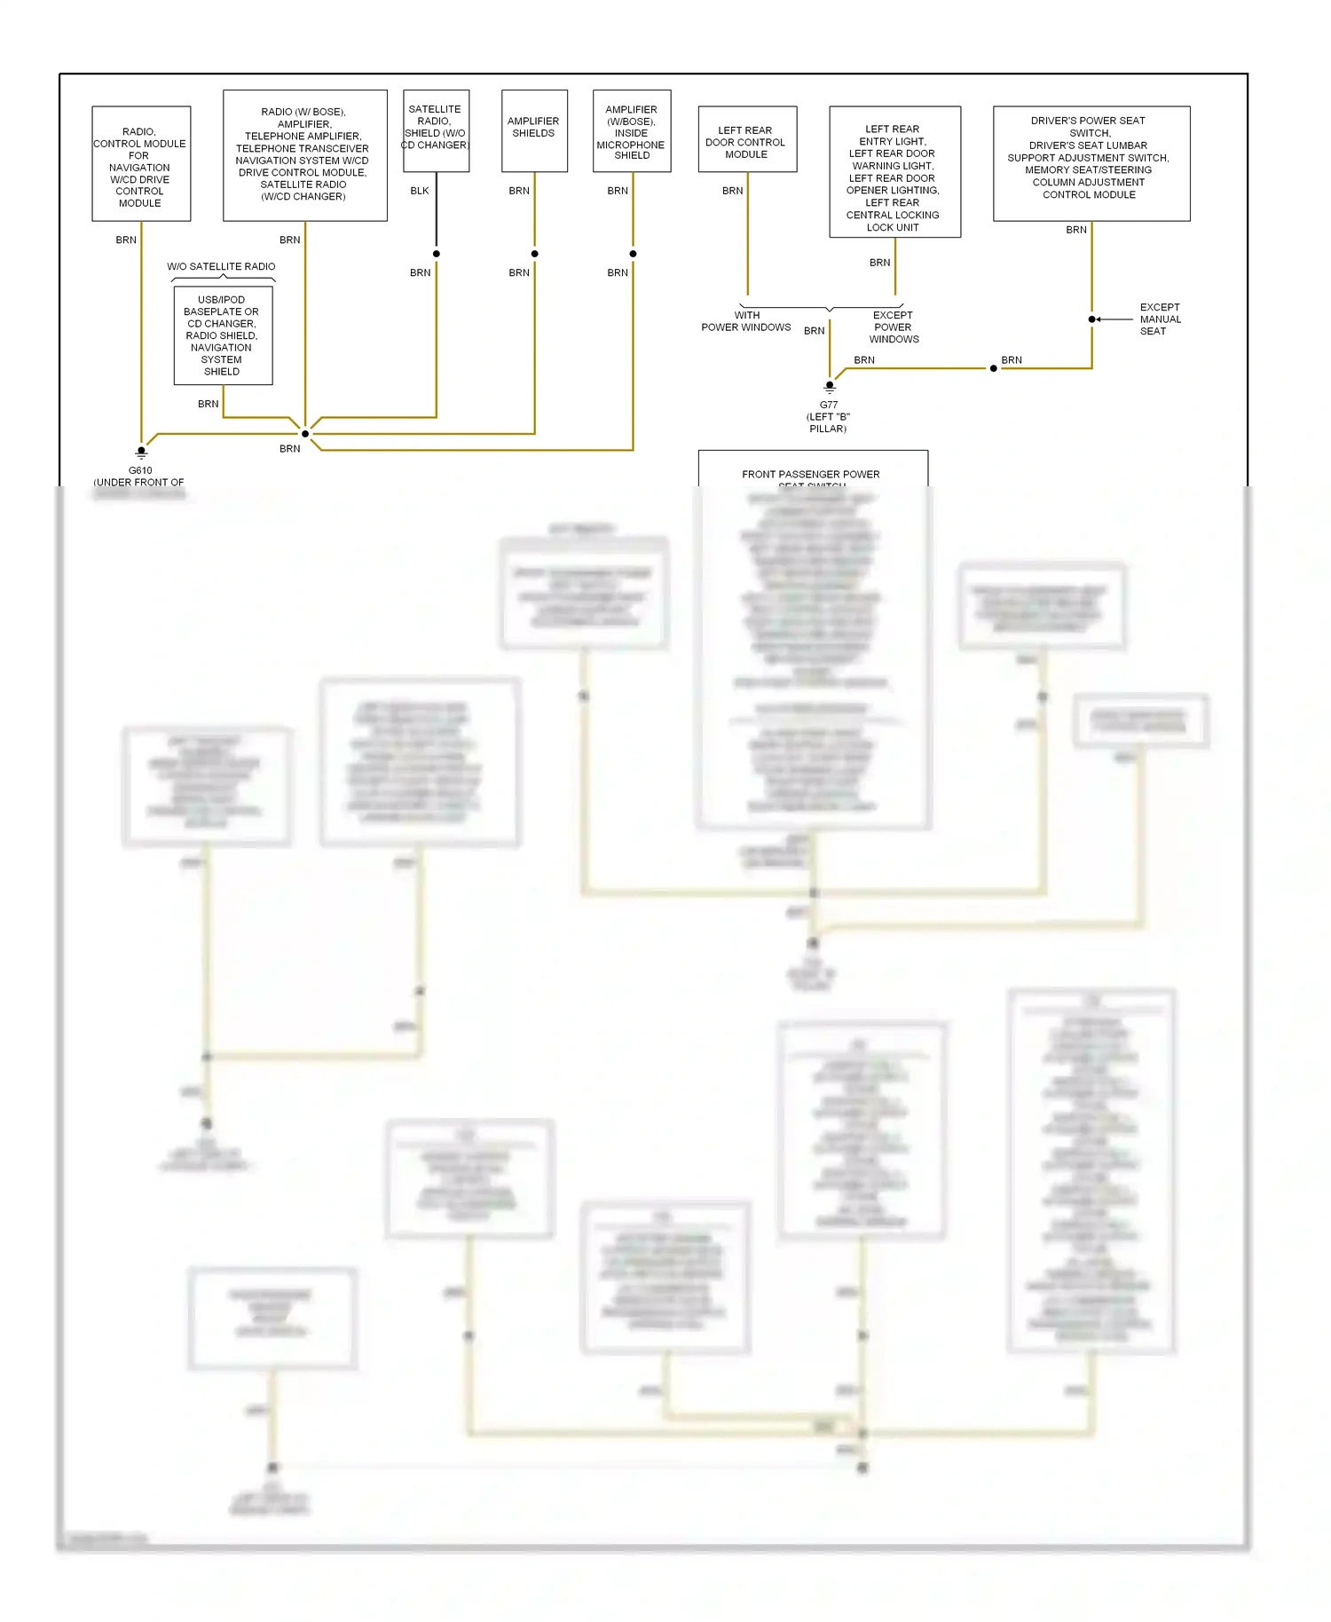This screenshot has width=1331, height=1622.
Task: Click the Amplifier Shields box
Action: pyautogui.click(x=534, y=130)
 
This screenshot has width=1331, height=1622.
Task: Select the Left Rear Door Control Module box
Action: pyautogui.click(x=747, y=139)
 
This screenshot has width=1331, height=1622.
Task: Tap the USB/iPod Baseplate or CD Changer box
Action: pyautogui.click(x=223, y=335)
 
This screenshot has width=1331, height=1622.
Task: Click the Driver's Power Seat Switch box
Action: pyautogui.click(x=1091, y=163)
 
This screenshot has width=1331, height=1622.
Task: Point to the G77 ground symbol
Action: pyautogui.click(x=830, y=387)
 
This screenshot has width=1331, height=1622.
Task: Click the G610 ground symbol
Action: pyautogui.click(x=141, y=453)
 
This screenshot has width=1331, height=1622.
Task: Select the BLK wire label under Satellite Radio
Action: pyautogui.click(x=420, y=191)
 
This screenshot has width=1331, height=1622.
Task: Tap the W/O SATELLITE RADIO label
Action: pyautogui.click(x=221, y=266)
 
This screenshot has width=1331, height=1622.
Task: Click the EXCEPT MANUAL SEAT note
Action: pyautogui.click(x=1160, y=319)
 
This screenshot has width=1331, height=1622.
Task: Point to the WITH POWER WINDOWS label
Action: pyautogui.click(x=746, y=321)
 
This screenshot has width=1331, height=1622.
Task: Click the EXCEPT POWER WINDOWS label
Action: pyautogui.click(x=894, y=327)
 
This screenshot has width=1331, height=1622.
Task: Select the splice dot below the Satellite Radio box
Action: pyautogui.click(x=437, y=254)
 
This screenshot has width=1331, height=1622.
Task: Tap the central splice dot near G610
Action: pyautogui.click(x=305, y=434)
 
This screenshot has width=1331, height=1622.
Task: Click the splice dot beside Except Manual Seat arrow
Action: pyautogui.click(x=1091, y=319)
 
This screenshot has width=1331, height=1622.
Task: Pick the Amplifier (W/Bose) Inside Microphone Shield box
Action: pyautogui.click(x=632, y=130)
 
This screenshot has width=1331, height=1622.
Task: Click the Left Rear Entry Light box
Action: pyautogui.click(x=894, y=172)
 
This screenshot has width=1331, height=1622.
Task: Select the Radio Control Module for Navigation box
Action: pyautogui.click(x=141, y=163)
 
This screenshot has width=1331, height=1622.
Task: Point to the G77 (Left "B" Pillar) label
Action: pyautogui.click(x=828, y=417)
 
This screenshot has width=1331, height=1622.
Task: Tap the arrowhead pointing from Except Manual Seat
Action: pyautogui.click(x=1099, y=319)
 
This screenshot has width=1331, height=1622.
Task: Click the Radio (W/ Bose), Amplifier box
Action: pyautogui.click(x=304, y=155)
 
